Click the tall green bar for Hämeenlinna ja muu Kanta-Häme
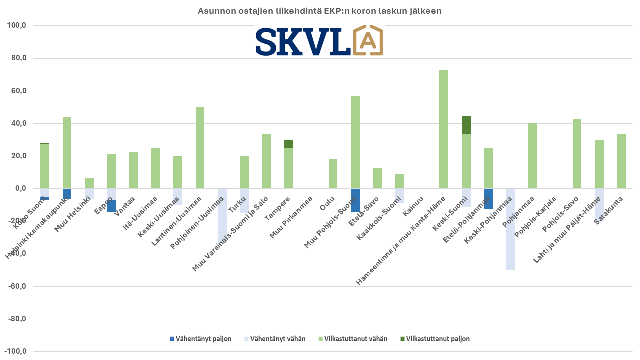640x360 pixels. tap(443, 129)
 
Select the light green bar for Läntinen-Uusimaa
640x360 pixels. tap(200, 148)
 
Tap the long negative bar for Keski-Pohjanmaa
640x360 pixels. tap(510, 229)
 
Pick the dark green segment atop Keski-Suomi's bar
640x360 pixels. tap(466, 125)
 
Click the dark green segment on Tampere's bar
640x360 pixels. tap(289, 144)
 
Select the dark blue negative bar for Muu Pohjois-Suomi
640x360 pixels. tap(355, 200)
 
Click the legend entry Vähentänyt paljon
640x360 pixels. tap(200, 339)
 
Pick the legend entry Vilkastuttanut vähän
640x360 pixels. tap(353, 339)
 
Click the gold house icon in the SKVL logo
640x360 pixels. tap(367, 40)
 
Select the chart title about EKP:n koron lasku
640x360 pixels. tap(320, 11)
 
